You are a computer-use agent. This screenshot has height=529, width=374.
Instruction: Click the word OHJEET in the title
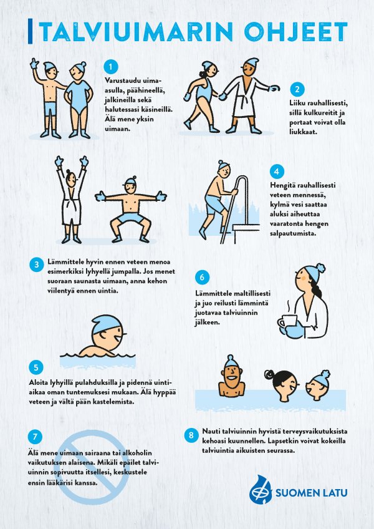(x=295, y=31)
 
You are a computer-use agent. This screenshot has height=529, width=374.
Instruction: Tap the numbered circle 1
(x=110, y=67)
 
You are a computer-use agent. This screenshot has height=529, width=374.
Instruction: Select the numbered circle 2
(x=297, y=89)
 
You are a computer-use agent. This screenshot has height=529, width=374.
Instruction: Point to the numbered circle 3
(x=36, y=264)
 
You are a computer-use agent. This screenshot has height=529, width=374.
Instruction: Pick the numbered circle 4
(x=277, y=172)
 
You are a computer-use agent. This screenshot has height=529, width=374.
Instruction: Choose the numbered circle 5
(x=36, y=367)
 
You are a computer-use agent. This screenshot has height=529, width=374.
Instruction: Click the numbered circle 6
(x=202, y=278)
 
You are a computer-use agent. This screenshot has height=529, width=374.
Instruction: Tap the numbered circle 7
(x=35, y=437)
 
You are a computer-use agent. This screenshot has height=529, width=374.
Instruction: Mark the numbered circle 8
(x=191, y=435)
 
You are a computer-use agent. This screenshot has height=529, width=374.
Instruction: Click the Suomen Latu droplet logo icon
(x=261, y=490)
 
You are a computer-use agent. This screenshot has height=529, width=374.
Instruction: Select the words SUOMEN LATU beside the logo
(x=311, y=493)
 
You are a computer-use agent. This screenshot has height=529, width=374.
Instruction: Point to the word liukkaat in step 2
(x=303, y=132)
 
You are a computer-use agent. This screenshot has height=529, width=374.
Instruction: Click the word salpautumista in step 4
(x=293, y=233)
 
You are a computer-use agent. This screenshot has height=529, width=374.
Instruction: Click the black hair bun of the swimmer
(x=269, y=374)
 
